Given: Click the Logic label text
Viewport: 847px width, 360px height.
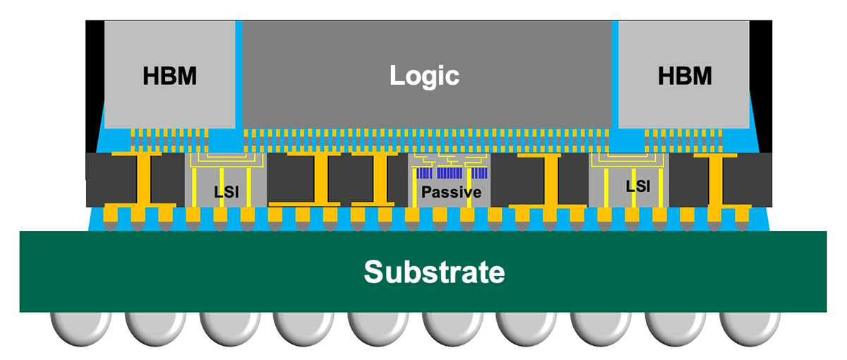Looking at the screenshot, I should click(x=425, y=76).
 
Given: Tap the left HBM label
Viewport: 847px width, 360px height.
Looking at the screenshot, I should click(x=169, y=76).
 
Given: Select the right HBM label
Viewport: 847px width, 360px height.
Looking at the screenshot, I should click(x=685, y=76).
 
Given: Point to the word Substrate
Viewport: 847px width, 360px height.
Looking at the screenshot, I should click(x=434, y=272).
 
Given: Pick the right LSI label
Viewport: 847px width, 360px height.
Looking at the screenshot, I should click(x=638, y=186).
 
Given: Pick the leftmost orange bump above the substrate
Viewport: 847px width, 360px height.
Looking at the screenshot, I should click(x=111, y=215).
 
